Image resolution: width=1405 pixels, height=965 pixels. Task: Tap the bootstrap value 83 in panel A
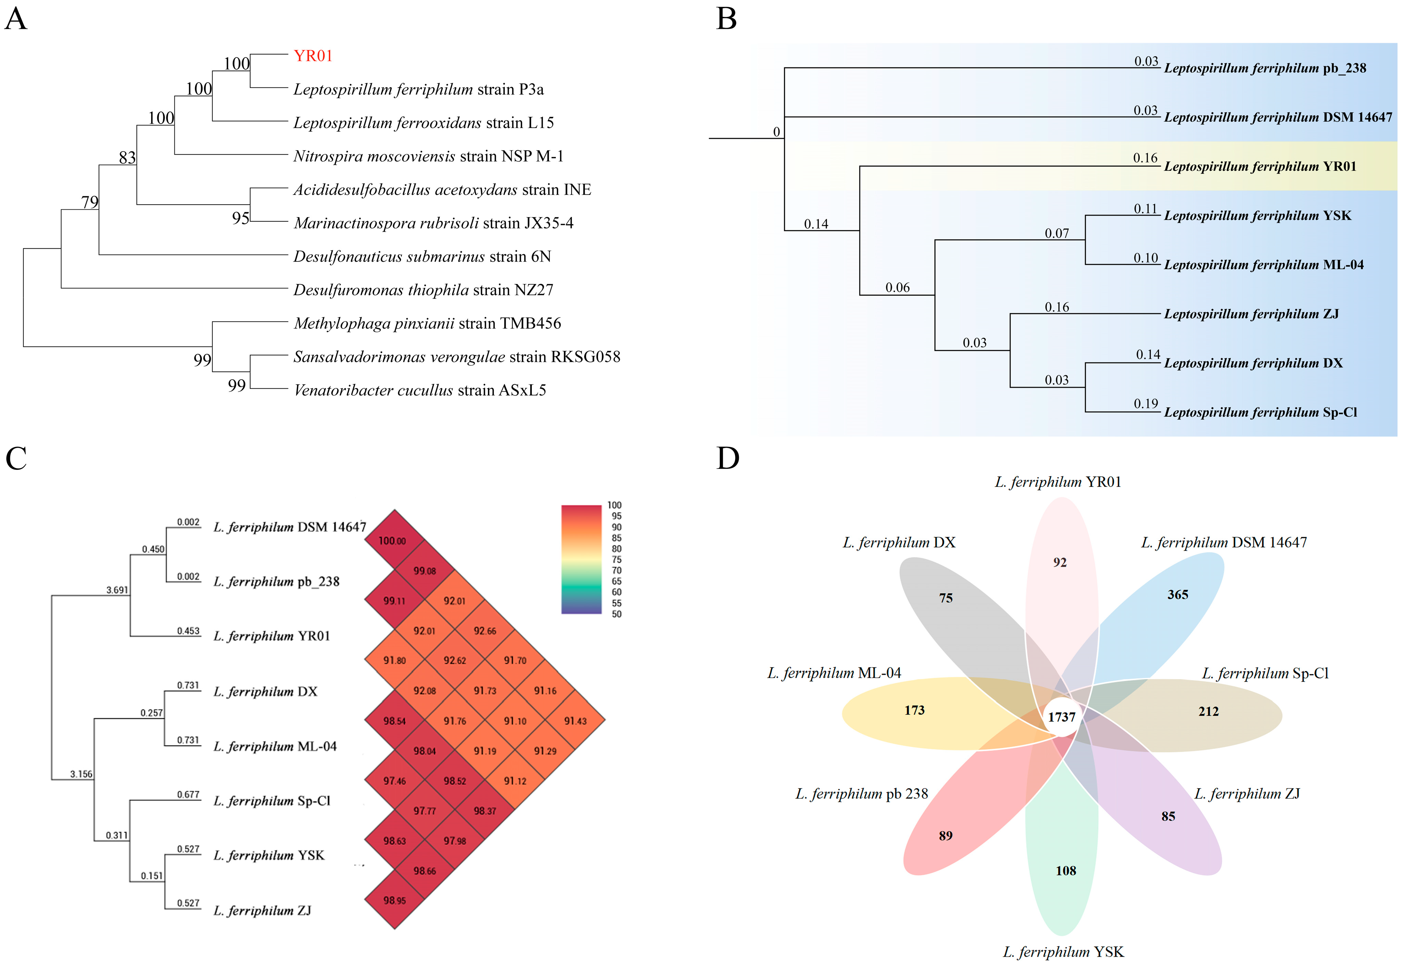(x=127, y=158)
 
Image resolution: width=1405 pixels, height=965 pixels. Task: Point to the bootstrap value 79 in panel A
(x=89, y=202)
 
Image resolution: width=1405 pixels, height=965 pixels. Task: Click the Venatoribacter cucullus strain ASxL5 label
(x=419, y=391)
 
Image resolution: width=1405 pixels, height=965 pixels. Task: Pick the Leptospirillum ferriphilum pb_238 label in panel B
(x=1265, y=68)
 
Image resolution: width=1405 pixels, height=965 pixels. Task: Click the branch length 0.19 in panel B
(x=1146, y=404)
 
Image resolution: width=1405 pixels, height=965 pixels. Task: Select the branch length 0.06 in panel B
(x=897, y=288)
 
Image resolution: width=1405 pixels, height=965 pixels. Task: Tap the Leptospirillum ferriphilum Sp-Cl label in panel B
(x=1260, y=412)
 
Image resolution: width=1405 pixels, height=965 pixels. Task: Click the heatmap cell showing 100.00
(x=392, y=540)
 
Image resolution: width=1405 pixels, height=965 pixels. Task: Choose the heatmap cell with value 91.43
(x=575, y=721)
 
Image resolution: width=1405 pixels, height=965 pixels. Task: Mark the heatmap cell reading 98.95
(x=394, y=900)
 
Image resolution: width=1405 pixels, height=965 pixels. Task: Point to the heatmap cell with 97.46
(x=394, y=781)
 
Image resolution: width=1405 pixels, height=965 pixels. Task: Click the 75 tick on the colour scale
(x=616, y=559)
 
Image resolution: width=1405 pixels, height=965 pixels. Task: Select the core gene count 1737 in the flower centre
(x=1062, y=717)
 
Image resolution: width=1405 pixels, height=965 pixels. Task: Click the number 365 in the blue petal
(x=1177, y=595)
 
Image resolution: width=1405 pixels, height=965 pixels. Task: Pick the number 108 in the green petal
(x=1066, y=871)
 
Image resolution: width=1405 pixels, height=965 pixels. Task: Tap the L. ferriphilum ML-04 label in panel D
(x=834, y=673)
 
